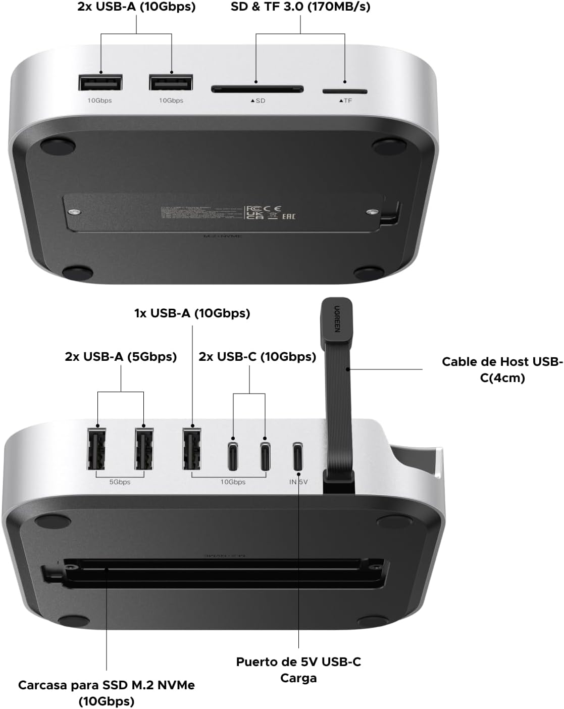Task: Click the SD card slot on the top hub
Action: [x=257, y=89]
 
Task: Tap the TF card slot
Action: [x=345, y=91]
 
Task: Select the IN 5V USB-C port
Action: [x=298, y=455]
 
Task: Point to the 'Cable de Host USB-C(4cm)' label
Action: [x=502, y=369]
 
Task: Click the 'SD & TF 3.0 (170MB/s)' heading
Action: [x=300, y=7]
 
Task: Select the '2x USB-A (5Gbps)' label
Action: [x=121, y=356]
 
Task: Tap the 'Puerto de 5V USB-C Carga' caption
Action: [x=298, y=670]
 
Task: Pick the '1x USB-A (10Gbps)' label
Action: [x=192, y=313]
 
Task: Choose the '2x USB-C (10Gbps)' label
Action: [x=257, y=356]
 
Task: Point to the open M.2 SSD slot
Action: [x=222, y=574]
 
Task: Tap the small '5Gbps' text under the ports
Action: [x=120, y=482]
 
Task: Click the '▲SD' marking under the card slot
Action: [x=258, y=101]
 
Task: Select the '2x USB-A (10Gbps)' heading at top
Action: [x=136, y=7]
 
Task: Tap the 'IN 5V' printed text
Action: [x=298, y=482]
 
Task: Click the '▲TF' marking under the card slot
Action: [x=345, y=101]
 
